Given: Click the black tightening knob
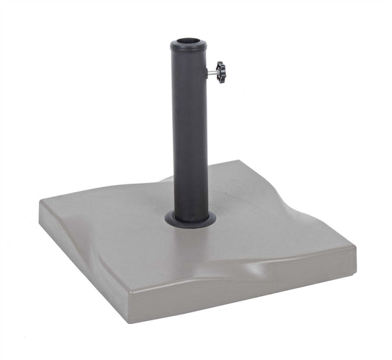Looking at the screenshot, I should pos(221,72).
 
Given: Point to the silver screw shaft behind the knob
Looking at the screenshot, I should pos(213,71).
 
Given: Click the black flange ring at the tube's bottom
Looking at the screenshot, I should pos(190,220).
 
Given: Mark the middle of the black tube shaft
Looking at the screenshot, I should pos(190,132).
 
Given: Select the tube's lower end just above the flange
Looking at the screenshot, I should pos(190,206).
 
